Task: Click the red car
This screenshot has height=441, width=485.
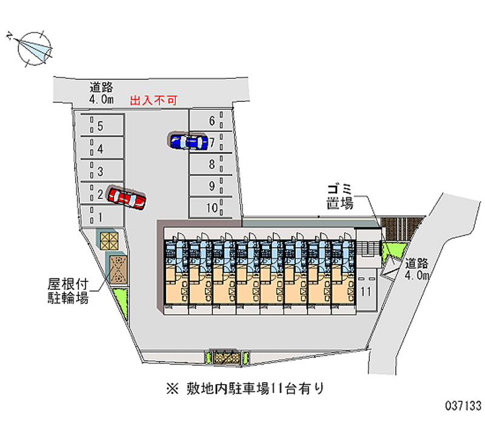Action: pyautogui.click(x=126, y=197)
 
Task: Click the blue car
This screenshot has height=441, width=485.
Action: pyautogui.click(x=186, y=142)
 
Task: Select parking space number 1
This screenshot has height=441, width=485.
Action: pyautogui.click(x=100, y=215)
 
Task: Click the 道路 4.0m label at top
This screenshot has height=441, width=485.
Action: pyautogui.click(x=101, y=93)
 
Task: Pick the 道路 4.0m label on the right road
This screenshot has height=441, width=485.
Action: pyautogui.click(x=417, y=269)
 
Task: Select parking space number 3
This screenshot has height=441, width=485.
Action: pyautogui.click(x=100, y=171)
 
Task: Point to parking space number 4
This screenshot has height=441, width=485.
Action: pyautogui.click(x=100, y=149)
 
